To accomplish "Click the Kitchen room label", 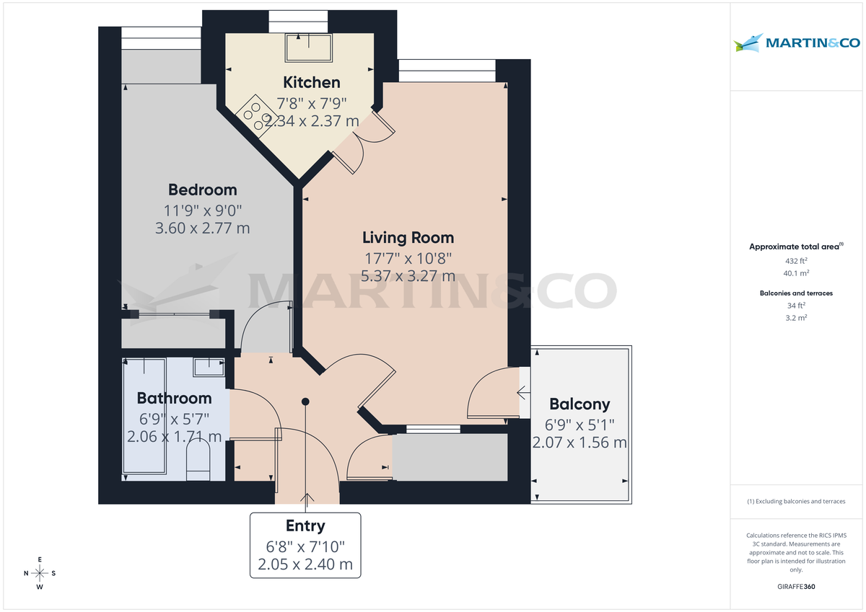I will [311, 82].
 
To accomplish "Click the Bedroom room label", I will [202, 190].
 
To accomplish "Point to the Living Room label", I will [408, 237].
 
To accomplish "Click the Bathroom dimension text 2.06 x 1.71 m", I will [174, 437].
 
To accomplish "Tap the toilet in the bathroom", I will [198, 461].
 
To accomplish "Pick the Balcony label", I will [579, 404].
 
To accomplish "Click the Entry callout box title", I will [305, 526].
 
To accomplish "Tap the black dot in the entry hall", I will [306, 402].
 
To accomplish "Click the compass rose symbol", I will [40, 573].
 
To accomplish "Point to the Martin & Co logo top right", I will [797, 43].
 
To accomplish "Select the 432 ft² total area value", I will [796, 261].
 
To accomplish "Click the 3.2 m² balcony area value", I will [796, 317].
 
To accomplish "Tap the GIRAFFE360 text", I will [796, 587].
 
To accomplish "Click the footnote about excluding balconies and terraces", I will [796, 501].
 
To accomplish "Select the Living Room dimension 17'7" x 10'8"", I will [408, 257].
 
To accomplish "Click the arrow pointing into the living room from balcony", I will [522, 393].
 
